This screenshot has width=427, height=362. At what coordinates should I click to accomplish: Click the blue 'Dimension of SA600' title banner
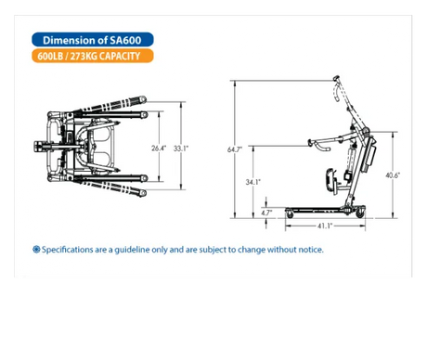[91, 40]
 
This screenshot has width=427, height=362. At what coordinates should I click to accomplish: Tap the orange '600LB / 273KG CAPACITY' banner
[91, 57]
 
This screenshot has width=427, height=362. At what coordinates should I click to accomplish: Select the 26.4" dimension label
[159, 146]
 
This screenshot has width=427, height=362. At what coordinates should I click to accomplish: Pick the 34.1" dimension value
[252, 182]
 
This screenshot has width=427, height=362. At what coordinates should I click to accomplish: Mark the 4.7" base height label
[267, 213]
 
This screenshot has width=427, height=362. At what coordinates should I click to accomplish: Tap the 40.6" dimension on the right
[393, 175]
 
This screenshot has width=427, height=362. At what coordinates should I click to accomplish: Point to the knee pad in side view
[331, 176]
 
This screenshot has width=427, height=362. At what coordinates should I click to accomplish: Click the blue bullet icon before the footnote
[36, 250]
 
